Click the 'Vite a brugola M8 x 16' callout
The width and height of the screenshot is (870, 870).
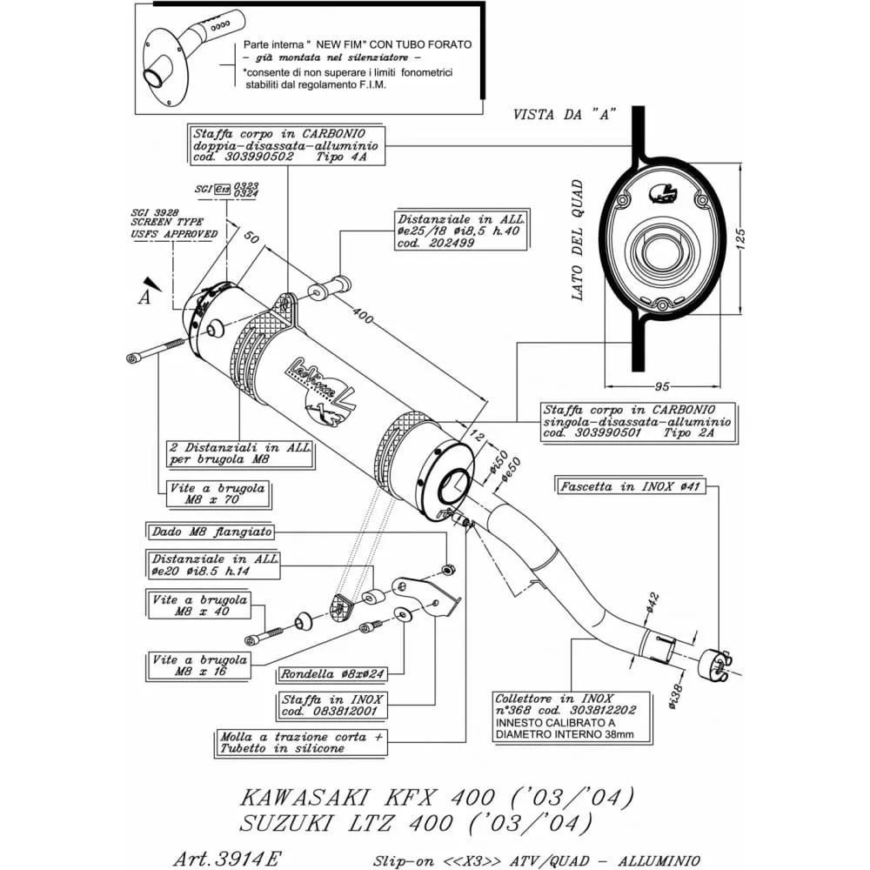(199, 666)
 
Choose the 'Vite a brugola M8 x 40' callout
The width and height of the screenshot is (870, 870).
(198, 606)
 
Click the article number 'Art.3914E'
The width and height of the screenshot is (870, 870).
(227, 859)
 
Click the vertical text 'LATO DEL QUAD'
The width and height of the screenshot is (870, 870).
(576, 239)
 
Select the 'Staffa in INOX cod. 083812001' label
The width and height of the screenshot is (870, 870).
(332, 705)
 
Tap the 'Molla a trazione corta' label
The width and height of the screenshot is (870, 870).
(300, 742)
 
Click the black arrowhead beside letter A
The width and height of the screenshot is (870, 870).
(154, 283)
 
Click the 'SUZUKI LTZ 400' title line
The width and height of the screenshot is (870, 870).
(417, 822)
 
